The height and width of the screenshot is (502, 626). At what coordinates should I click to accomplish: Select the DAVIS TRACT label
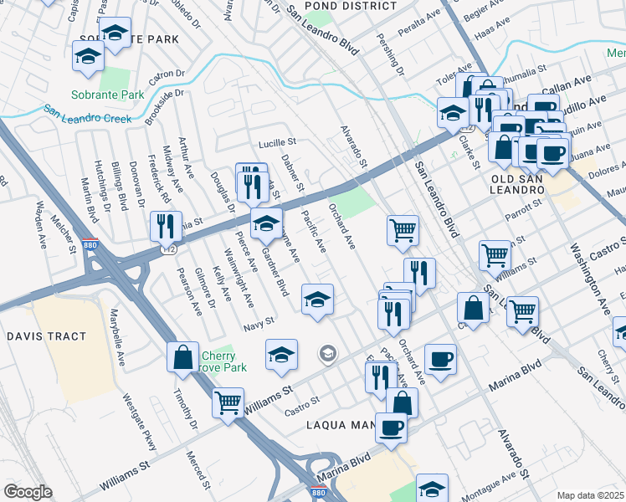[47, 336]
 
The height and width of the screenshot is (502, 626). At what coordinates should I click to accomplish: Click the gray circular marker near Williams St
[328, 355]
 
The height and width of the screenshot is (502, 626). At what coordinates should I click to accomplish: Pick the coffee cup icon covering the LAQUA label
[391, 428]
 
